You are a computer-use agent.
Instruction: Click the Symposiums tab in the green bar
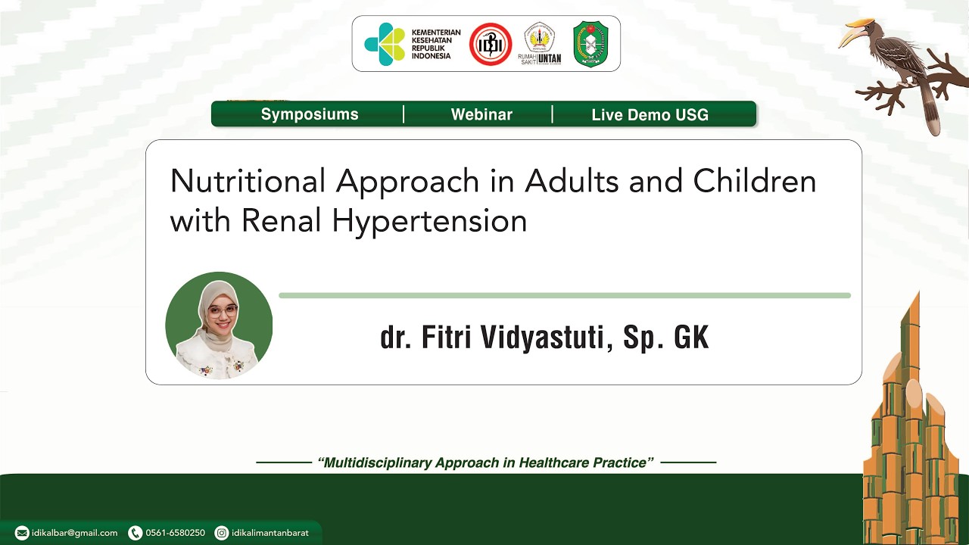coord(310,114)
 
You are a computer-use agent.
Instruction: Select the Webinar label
coord(481,114)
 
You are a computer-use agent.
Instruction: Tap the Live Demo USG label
coord(650,115)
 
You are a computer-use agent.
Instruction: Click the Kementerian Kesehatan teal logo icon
coord(385,44)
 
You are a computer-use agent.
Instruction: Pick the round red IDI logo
coord(491,44)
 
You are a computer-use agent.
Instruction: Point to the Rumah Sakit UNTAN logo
coord(540,44)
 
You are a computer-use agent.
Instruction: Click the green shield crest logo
coord(590,44)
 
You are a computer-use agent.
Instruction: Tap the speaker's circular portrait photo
coord(219,325)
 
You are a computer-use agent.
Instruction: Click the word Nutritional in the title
coord(248,182)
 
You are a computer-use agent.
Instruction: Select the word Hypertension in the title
coord(429,221)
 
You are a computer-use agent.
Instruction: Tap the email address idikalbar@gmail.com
coord(74,533)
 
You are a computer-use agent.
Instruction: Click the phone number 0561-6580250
coord(175,533)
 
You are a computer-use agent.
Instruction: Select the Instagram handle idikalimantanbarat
coord(270,533)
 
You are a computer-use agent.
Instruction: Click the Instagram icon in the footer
coord(222,533)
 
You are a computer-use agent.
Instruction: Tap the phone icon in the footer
coord(136,533)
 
